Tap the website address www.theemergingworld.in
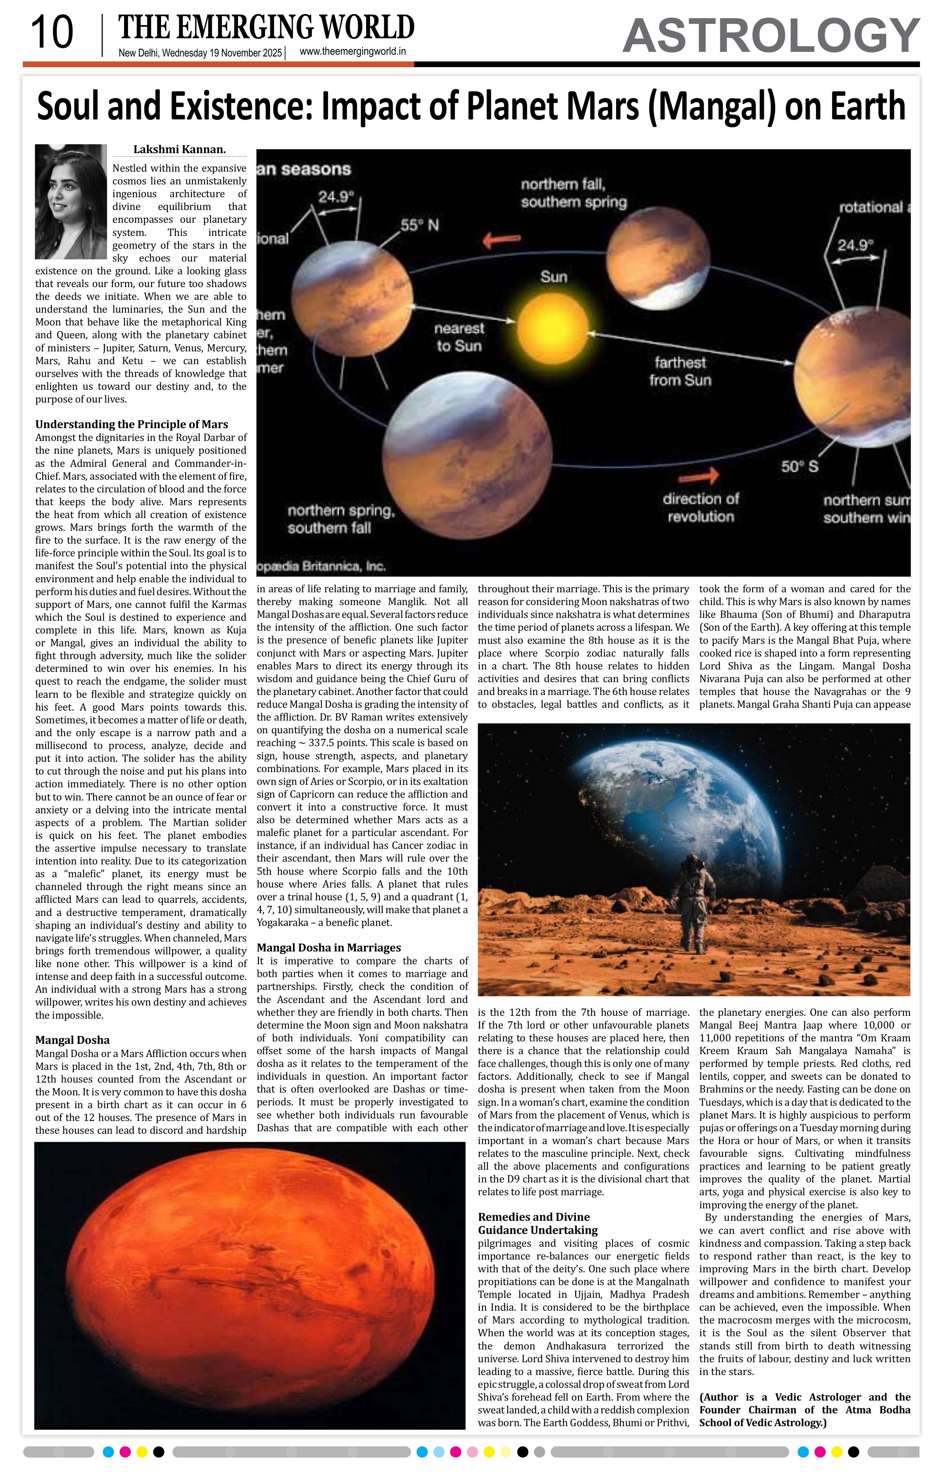(x=352, y=52)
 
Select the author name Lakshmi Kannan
(x=179, y=149)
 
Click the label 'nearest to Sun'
(x=459, y=337)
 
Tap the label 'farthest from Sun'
(x=680, y=371)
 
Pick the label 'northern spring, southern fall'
(x=341, y=519)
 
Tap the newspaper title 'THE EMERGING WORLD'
(x=266, y=28)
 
